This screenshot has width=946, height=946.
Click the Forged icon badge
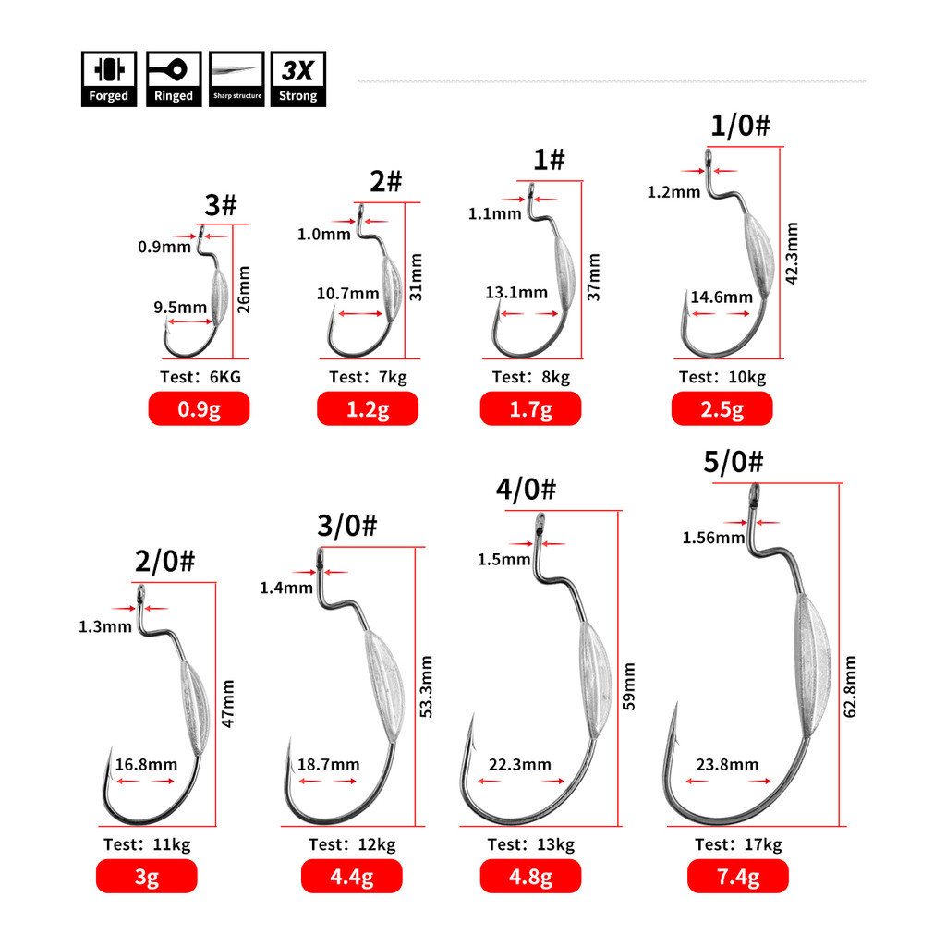(x=109, y=79)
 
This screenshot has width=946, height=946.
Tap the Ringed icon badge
(x=174, y=79)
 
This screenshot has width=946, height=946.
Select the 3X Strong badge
(x=298, y=79)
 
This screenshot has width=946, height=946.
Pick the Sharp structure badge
(x=236, y=79)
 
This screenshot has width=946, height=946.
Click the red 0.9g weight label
(x=200, y=408)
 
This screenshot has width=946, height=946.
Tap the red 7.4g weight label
(x=738, y=876)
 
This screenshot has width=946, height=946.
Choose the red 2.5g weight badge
(x=722, y=408)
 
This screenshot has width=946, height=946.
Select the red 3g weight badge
(x=147, y=876)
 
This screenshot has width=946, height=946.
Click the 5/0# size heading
(x=733, y=462)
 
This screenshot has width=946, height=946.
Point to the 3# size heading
(x=220, y=205)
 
